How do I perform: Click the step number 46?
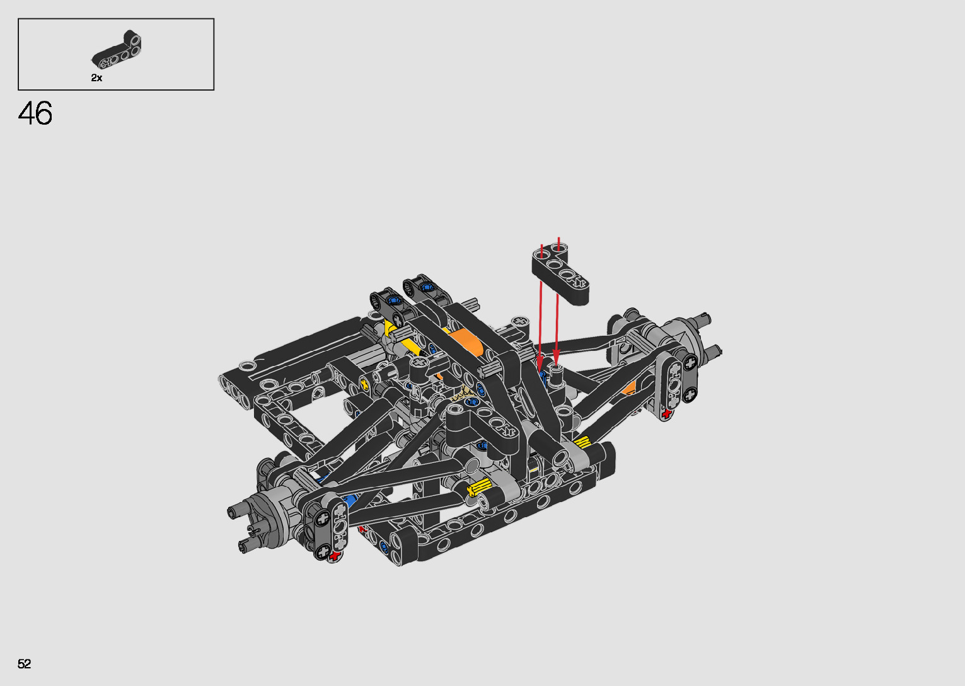pyautogui.click(x=35, y=113)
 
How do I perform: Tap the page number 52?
pyautogui.click(x=24, y=663)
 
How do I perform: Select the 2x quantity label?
pyautogui.click(x=96, y=78)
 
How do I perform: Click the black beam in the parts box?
pyautogui.click(x=117, y=50)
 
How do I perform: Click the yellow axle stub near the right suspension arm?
pyautogui.click(x=582, y=442)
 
